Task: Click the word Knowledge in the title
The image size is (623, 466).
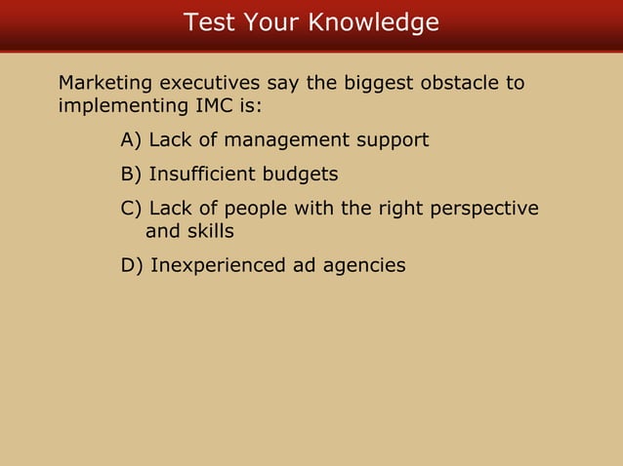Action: click(x=374, y=22)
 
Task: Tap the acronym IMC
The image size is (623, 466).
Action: click(x=218, y=104)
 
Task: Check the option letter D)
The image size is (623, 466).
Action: click(x=132, y=265)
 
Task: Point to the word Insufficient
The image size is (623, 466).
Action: click(x=204, y=175)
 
